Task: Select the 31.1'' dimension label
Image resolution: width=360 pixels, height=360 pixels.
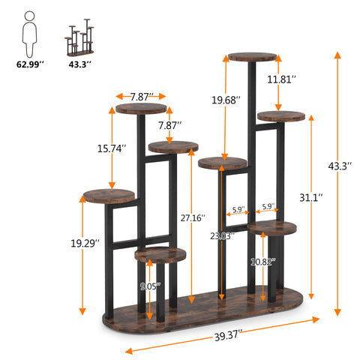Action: click(310, 198)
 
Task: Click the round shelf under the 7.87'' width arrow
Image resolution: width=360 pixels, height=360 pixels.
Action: click(141, 109)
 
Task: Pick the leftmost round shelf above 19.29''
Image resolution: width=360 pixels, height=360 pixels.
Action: click(109, 196)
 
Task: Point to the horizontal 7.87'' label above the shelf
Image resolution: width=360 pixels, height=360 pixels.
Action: click(141, 97)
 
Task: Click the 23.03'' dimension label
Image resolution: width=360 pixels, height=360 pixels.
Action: click(223, 235)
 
